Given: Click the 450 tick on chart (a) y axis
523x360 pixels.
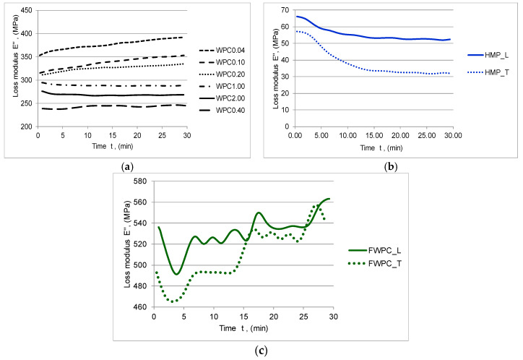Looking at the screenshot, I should (25, 10).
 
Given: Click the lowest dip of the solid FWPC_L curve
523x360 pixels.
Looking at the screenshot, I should (176, 274).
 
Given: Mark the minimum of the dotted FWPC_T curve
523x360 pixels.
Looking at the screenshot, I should (173, 301).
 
